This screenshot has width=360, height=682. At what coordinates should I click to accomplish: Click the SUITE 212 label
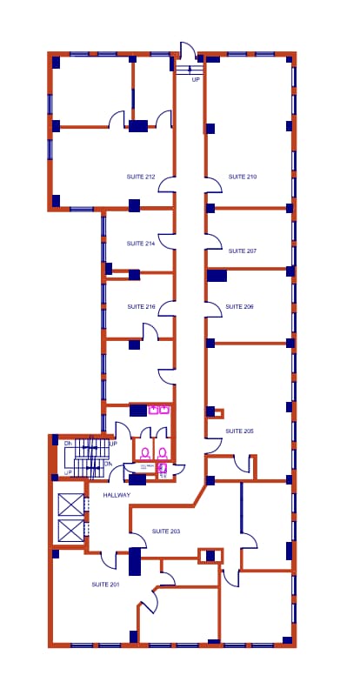[141, 177]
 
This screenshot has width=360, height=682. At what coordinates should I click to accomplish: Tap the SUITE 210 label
[243, 177]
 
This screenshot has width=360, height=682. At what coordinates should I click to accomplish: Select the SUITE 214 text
[140, 244]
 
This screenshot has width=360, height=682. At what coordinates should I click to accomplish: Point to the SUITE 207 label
[243, 251]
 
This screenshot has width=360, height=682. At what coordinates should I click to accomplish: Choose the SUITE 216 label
[141, 306]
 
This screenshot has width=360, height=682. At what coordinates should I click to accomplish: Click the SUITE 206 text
[239, 306]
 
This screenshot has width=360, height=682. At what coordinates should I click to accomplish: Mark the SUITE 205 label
[239, 431]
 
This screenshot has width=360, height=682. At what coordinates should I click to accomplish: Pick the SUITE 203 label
[166, 531]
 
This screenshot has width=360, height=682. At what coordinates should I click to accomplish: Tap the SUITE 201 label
[105, 585]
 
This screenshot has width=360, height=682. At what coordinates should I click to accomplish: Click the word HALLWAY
[117, 495]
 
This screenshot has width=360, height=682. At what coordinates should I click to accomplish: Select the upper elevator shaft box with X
[71, 505]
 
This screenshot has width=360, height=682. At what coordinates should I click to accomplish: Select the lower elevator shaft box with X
[71, 531]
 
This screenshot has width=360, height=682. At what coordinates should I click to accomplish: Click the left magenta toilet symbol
[145, 452]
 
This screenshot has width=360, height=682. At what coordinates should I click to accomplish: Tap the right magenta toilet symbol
[162, 452]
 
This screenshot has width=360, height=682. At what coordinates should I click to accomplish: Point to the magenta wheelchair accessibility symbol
[162, 467]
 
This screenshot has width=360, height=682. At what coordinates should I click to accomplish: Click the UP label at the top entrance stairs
[196, 79]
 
